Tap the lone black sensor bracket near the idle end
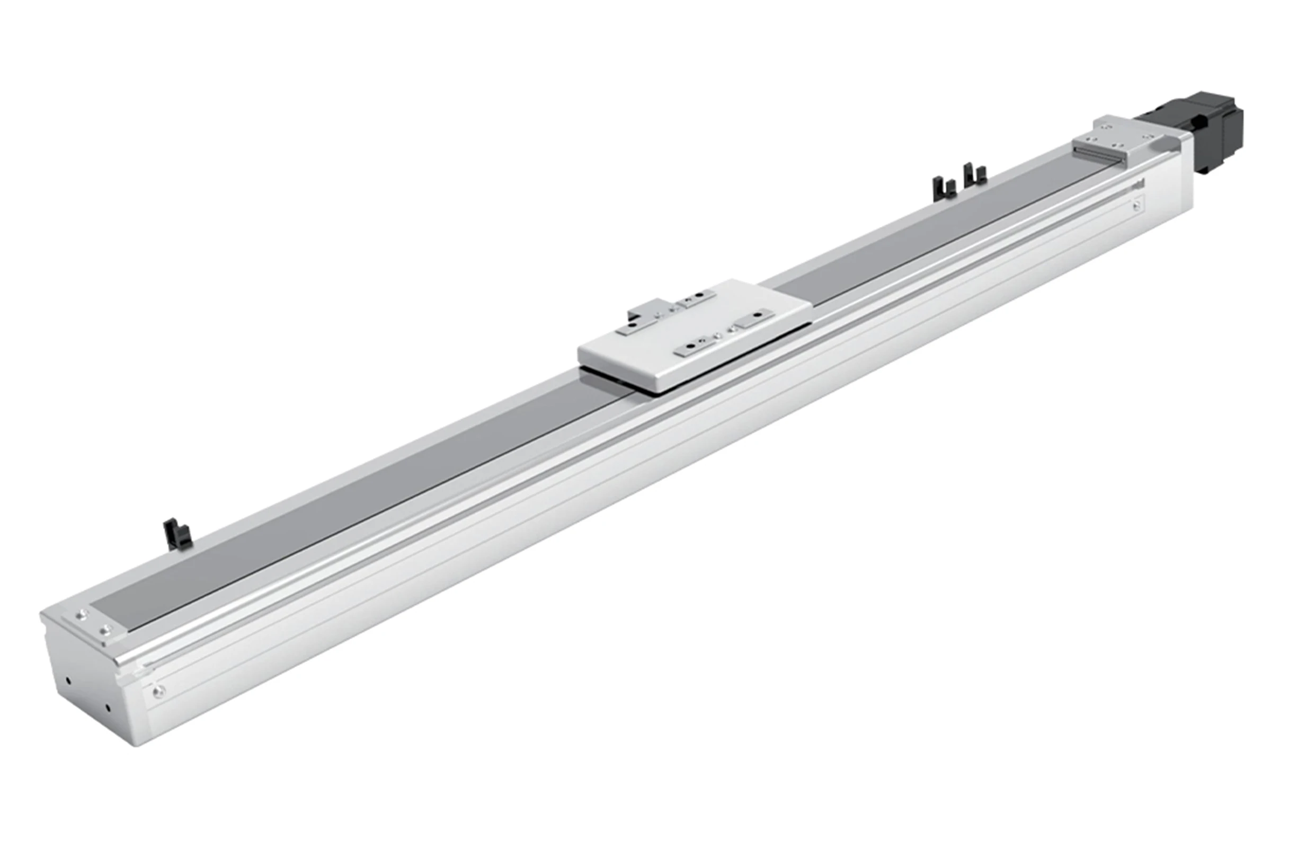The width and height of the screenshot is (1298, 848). (176, 534)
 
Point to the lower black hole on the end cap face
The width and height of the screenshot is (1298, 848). (108, 708)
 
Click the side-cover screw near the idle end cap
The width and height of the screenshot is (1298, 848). (159, 692)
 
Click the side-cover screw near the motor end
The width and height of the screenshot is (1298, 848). (1136, 205)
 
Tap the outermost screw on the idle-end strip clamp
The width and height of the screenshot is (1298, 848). (83, 615)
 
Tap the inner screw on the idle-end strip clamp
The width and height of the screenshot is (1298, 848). (105, 630)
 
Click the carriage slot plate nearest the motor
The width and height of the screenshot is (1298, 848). (754, 320)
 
